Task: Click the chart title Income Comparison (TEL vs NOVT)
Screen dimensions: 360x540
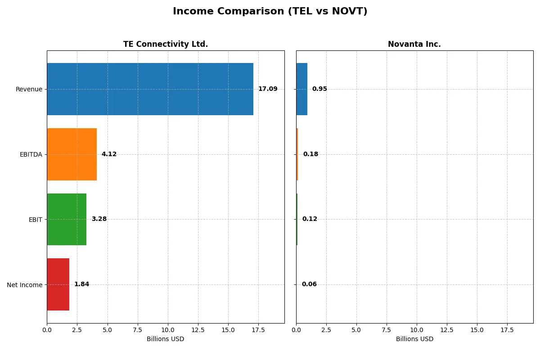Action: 270,12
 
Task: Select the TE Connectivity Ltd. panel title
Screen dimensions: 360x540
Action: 166,45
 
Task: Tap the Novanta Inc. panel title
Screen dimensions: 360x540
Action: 414,45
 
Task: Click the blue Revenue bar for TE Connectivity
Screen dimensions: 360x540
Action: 150,89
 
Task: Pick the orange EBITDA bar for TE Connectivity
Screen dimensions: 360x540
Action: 72,154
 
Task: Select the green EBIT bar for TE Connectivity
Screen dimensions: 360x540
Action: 67,219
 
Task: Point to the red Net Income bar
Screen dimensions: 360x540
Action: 58,284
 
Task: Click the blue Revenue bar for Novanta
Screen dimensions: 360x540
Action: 301,89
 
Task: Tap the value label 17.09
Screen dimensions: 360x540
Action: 268,89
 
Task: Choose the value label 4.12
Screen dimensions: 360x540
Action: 109,154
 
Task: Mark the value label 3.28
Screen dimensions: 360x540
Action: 99,219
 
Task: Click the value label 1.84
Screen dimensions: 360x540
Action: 81,284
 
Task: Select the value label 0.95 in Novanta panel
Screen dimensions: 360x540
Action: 319,89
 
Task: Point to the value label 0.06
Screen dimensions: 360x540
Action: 309,284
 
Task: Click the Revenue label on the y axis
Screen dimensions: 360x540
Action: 29,89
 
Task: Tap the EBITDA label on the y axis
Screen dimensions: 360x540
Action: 31,154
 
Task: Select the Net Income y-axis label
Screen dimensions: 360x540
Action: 24,284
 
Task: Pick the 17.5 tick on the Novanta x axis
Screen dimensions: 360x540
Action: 507,330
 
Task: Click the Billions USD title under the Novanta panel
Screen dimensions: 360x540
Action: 414,339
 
